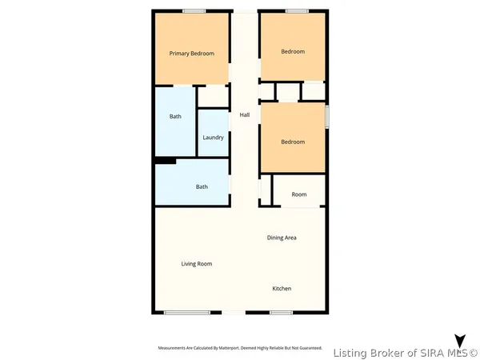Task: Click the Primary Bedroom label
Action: coord(192,54)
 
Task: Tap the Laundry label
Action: coord(213,138)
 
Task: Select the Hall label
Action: coord(245,115)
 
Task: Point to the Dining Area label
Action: coord(282,238)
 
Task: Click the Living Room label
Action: coord(196,263)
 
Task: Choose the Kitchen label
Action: coord(282,288)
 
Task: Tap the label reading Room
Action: coord(298,194)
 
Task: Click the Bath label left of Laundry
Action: coord(175,117)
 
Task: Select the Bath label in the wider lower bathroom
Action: coord(202,187)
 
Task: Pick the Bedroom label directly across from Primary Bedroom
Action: coord(293,52)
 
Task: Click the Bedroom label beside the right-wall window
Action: coord(293,142)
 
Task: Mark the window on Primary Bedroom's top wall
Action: coord(193,10)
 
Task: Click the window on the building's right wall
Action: coord(326,116)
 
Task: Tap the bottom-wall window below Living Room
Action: coord(186,313)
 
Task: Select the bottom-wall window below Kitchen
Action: coord(281,313)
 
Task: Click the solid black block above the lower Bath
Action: coord(165,161)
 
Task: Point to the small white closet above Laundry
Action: coord(213,97)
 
